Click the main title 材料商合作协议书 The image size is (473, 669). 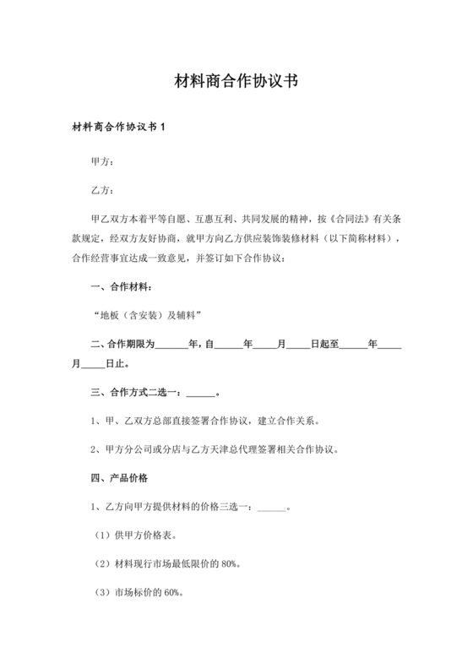[x=236, y=82]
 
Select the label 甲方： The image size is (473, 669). [x=103, y=160]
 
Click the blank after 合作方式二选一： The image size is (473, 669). [x=200, y=394]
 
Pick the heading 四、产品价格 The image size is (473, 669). [x=118, y=478]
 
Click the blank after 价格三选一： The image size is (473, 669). [x=270, y=508]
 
